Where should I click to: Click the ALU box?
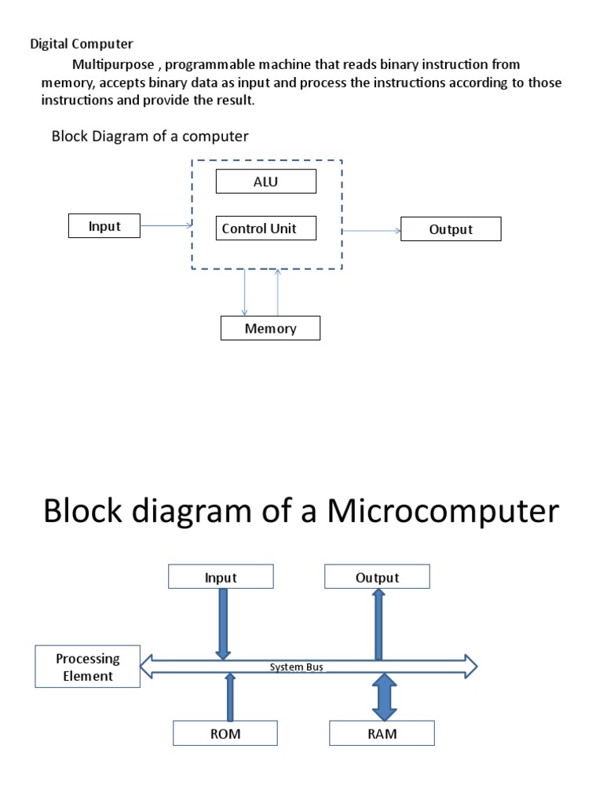tap(266, 182)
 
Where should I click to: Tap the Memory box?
tap(270, 328)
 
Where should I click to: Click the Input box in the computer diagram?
tap(104, 226)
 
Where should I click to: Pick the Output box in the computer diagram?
tap(451, 229)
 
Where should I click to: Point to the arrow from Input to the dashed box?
tap(166, 226)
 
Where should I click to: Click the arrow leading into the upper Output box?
tap(371, 230)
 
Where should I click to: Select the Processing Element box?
tap(88, 667)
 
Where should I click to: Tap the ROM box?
tap(225, 734)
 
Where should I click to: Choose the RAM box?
tap(382, 734)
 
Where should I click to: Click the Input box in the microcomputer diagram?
tap(221, 577)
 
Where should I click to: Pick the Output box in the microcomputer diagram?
tap(378, 577)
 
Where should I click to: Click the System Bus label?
tap(297, 667)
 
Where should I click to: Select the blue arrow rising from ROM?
tap(230, 697)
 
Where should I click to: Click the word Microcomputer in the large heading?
tap(443, 511)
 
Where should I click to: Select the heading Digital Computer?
tap(82, 44)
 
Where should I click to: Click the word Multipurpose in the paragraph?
tap(113, 64)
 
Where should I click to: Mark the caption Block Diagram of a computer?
tap(150, 136)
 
